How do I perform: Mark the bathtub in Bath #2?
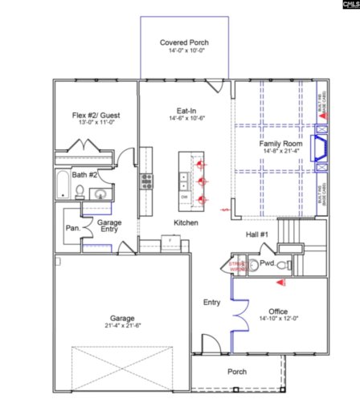coord(63,185)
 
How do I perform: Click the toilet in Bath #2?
coord(80,191)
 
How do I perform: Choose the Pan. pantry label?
coord(72,228)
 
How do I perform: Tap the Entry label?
coord(212,303)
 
